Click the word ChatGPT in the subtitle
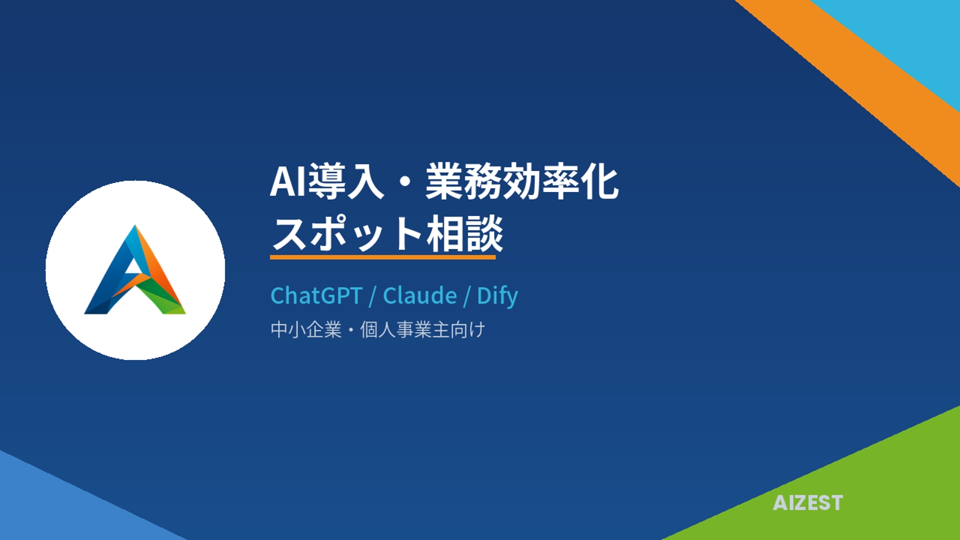click(x=316, y=296)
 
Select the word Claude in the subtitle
click(x=420, y=296)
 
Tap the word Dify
click(x=497, y=296)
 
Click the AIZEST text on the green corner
click(x=808, y=503)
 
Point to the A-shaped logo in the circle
click(x=135, y=270)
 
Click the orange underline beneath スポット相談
click(x=383, y=257)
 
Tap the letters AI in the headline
click(x=288, y=181)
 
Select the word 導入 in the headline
click(x=346, y=181)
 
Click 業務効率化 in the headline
click(x=522, y=181)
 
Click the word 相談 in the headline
click(x=464, y=233)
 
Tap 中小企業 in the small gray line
click(x=306, y=330)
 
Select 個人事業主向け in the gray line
click(x=422, y=330)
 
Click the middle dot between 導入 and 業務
click(x=404, y=182)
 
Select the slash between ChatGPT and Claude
click(x=373, y=296)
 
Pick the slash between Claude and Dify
click(x=467, y=296)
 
